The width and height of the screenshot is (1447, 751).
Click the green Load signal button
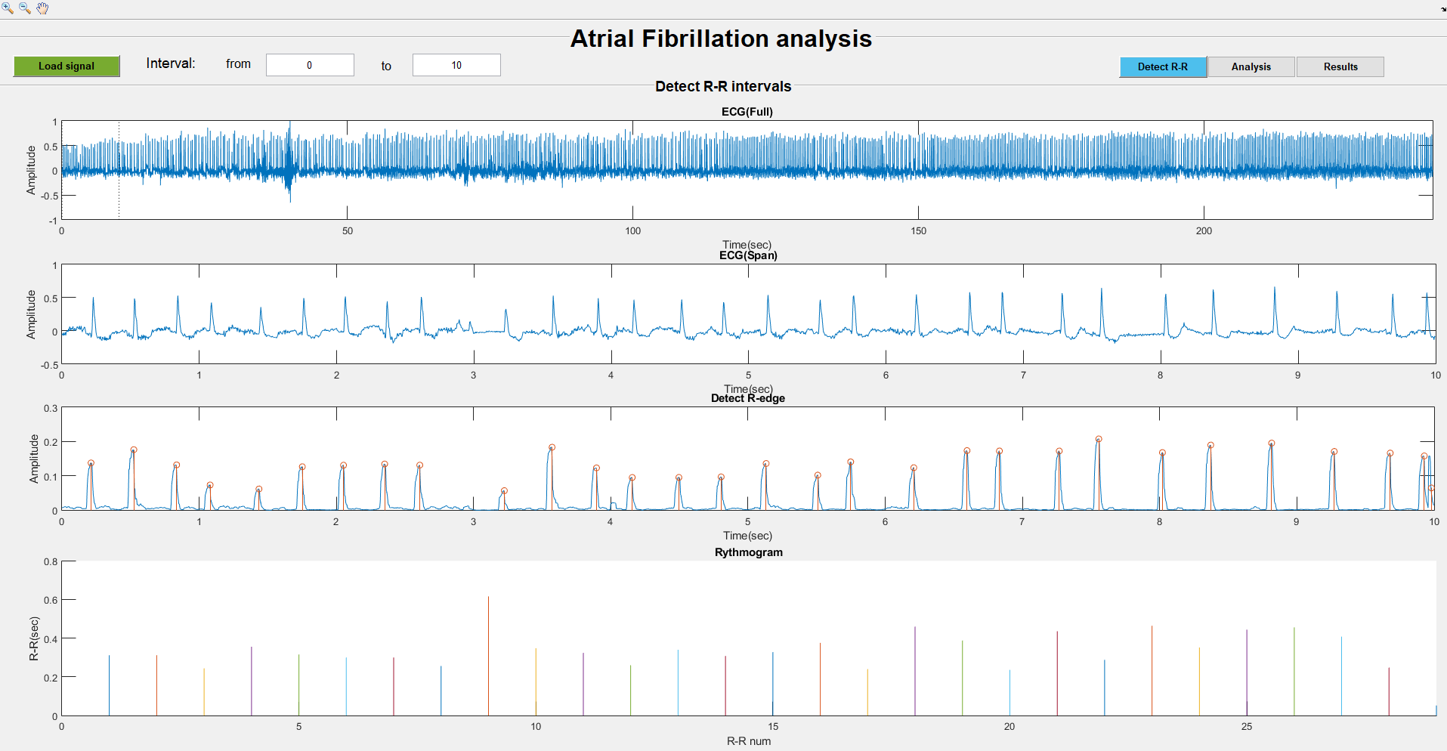(66, 66)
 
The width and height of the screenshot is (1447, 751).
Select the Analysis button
(1251, 66)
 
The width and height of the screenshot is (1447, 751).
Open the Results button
(1340, 66)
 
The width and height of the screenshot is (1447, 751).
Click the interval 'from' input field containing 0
(310, 65)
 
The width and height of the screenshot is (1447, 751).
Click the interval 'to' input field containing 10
(456, 65)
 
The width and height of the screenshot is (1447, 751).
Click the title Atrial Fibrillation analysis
(721, 39)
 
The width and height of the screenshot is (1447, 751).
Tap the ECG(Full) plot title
(747, 112)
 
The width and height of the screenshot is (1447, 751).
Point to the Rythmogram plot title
(748, 552)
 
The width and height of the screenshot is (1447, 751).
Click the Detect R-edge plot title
(747, 398)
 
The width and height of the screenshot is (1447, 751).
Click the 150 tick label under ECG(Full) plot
(918, 231)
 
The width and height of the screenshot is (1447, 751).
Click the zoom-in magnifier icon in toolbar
(8, 8)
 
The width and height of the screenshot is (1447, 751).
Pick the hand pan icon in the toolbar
(42, 8)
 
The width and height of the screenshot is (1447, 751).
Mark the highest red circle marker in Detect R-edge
(1099, 439)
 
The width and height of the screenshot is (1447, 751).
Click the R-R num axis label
(748, 741)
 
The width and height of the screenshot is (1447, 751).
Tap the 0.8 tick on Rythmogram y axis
(51, 561)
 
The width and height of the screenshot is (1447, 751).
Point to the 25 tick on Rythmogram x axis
(1246, 727)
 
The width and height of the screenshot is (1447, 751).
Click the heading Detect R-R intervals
(722, 87)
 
